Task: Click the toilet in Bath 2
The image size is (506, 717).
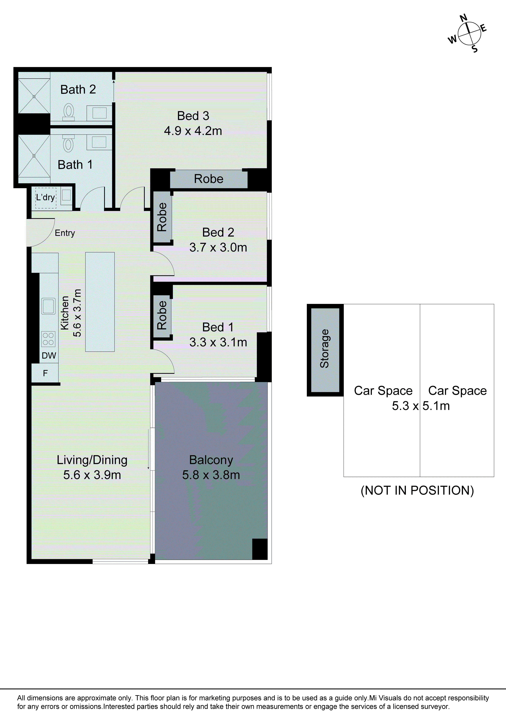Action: point(69,111)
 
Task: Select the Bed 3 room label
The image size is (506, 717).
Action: point(193,116)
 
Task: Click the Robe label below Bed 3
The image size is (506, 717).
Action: point(209,179)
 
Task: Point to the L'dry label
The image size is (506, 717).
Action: point(46,197)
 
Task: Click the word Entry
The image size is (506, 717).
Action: point(65,233)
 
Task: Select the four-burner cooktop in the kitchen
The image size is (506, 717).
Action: point(48,339)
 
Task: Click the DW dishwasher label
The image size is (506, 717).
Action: point(49,355)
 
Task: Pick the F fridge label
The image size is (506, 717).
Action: point(45,373)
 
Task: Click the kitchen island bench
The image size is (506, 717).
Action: point(100,302)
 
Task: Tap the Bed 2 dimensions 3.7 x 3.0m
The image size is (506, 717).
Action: point(218,247)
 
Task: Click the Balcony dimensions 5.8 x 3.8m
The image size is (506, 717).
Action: point(211,475)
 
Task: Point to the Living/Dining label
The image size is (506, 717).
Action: point(92,460)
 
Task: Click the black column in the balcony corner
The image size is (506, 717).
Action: point(260,549)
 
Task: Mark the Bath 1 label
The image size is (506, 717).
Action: point(75,165)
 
